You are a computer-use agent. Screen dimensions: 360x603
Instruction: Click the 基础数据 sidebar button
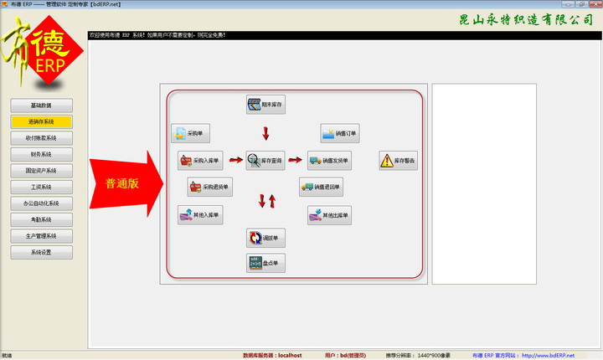pyautogui.click(x=42, y=105)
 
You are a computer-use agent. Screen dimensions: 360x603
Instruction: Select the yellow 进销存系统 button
pyautogui.click(x=42, y=122)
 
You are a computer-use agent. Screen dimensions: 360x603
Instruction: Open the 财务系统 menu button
pyautogui.click(x=42, y=155)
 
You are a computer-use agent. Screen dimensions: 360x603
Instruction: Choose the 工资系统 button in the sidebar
pyautogui.click(x=42, y=187)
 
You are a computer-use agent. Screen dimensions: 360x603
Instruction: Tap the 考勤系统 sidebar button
pyautogui.click(x=42, y=219)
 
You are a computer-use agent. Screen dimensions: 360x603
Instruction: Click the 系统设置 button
pyautogui.click(x=42, y=252)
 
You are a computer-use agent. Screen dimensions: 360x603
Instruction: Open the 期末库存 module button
pyautogui.click(x=266, y=105)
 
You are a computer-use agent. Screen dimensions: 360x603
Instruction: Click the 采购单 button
pyautogui.click(x=191, y=133)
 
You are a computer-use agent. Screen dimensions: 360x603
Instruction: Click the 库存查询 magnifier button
pyautogui.click(x=266, y=160)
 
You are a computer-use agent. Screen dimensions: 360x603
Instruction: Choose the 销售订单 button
pyautogui.click(x=340, y=133)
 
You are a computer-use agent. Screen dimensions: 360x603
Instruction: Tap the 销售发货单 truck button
pyautogui.click(x=328, y=160)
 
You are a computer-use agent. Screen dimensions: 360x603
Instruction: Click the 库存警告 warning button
pyautogui.click(x=398, y=161)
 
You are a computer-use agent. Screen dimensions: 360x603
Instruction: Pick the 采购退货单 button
pyautogui.click(x=209, y=187)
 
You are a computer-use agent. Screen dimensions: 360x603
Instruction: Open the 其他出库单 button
pyautogui.click(x=329, y=215)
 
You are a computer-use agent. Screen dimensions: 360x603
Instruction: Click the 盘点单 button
pyautogui.click(x=266, y=263)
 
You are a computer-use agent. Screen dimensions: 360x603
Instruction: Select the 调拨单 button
pyautogui.click(x=266, y=239)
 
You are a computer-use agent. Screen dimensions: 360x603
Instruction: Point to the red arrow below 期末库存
pyautogui.click(x=266, y=133)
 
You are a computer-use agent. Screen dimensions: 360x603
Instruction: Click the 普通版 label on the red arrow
pyautogui.click(x=121, y=183)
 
